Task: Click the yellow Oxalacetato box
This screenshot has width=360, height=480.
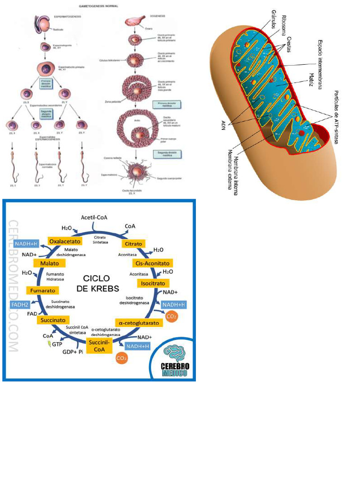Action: pyautogui.click(x=65, y=241)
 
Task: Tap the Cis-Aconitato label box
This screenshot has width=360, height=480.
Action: pyautogui.click(x=152, y=263)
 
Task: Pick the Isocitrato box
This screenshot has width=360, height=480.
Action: pyautogui.click(x=153, y=283)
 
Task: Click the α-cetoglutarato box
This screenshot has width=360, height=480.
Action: pyautogui.click(x=139, y=323)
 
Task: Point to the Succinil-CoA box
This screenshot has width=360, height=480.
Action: pyautogui.click(x=99, y=346)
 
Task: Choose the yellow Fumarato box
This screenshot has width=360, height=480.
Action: pyautogui.click(x=44, y=291)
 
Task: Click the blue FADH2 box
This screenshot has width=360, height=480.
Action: pyautogui.click(x=20, y=305)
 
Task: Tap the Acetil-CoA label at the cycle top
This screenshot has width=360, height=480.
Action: pyautogui.click(x=94, y=217)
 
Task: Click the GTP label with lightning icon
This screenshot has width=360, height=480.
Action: pyautogui.click(x=56, y=344)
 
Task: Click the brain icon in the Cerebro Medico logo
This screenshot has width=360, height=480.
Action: pyautogui.click(x=174, y=353)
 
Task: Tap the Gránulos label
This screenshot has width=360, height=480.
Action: pyautogui.click(x=273, y=19)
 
